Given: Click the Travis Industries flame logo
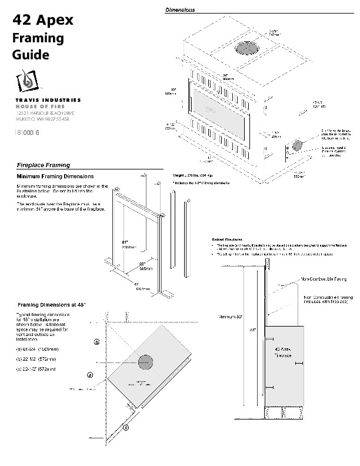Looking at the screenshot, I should (26, 81).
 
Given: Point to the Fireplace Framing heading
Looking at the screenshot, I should (43, 165).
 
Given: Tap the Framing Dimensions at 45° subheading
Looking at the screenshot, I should (52, 304).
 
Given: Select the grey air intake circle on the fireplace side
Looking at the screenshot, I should (298, 145).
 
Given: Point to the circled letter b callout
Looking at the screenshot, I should (96, 341).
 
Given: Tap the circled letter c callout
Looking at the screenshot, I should (126, 428).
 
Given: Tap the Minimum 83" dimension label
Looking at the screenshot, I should (231, 317).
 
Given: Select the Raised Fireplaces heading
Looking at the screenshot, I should (226, 239).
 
